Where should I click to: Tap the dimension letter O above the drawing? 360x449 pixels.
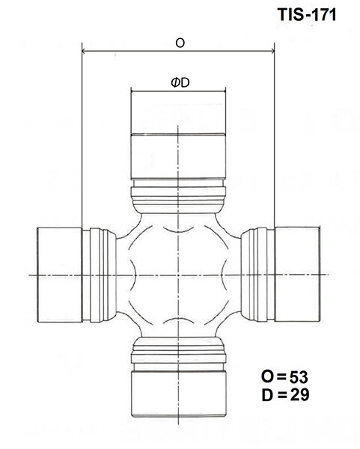click(179, 43)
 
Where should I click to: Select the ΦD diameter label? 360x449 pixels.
click(179, 82)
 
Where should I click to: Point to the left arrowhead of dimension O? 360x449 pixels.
click(84, 52)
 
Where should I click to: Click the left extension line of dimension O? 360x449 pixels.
click(80, 135)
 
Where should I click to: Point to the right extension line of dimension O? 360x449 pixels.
click(275, 135)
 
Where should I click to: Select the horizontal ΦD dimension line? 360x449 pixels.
click(179, 92)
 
